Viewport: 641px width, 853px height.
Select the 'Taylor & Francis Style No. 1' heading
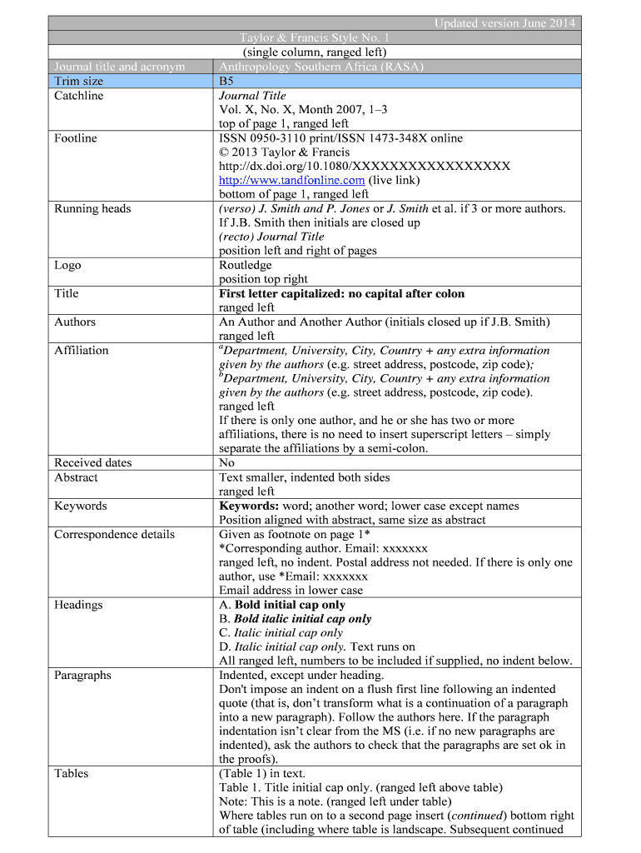point(314,37)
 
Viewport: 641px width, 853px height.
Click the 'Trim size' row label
point(79,81)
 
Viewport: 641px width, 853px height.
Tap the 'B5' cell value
point(226,82)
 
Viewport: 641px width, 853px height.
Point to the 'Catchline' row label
point(79,96)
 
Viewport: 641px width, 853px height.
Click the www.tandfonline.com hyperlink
point(291,180)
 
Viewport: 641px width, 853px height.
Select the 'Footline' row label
point(76,138)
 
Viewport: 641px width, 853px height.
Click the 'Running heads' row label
point(92,208)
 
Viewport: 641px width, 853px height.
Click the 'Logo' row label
point(67,265)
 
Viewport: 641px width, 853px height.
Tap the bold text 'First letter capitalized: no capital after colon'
point(341,293)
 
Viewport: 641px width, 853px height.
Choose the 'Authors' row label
point(75,322)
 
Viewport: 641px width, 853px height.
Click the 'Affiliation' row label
point(82,350)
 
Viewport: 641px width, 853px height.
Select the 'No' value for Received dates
point(226,462)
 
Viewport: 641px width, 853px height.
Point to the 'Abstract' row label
point(76,477)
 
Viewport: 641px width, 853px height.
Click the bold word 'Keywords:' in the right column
point(247,506)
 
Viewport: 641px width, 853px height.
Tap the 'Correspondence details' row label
point(114,534)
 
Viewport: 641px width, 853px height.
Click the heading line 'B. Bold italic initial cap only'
point(295,619)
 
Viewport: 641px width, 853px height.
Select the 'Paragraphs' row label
point(82,675)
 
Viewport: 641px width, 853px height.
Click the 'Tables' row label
point(72,773)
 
